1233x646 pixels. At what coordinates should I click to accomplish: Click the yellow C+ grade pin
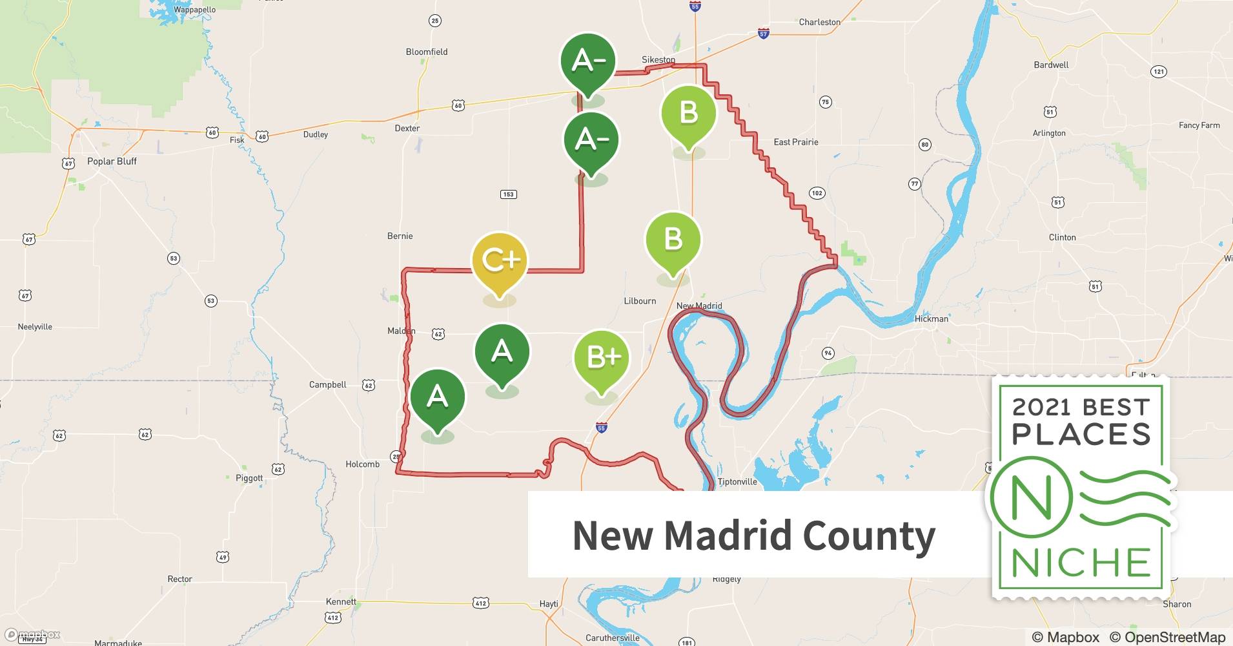[500, 261]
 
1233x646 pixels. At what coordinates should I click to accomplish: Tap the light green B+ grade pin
[602, 357]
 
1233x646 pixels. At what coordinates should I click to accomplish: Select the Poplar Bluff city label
[112, 161]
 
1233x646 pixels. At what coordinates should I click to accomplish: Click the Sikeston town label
[658, 60]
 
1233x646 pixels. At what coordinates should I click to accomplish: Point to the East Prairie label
[795, 142]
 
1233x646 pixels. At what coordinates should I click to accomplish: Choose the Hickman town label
[931, 318]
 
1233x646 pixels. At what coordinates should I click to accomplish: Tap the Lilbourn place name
[640, 301]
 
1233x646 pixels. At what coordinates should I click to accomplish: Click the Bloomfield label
[426, 52]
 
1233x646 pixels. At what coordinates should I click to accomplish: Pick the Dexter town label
[407, 129]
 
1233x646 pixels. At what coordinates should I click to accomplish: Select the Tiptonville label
[737, 482]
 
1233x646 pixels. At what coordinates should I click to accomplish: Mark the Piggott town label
[249, 478]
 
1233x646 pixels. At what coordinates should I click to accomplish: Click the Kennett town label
[341, 601]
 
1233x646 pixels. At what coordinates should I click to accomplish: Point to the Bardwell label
[1051, 65]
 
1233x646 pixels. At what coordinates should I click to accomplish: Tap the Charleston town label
[819, 22]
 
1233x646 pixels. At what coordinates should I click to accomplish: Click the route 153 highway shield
[508, 194]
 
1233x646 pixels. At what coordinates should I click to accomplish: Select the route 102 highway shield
[817, 193]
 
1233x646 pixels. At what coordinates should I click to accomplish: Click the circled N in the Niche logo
[1031, 498]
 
